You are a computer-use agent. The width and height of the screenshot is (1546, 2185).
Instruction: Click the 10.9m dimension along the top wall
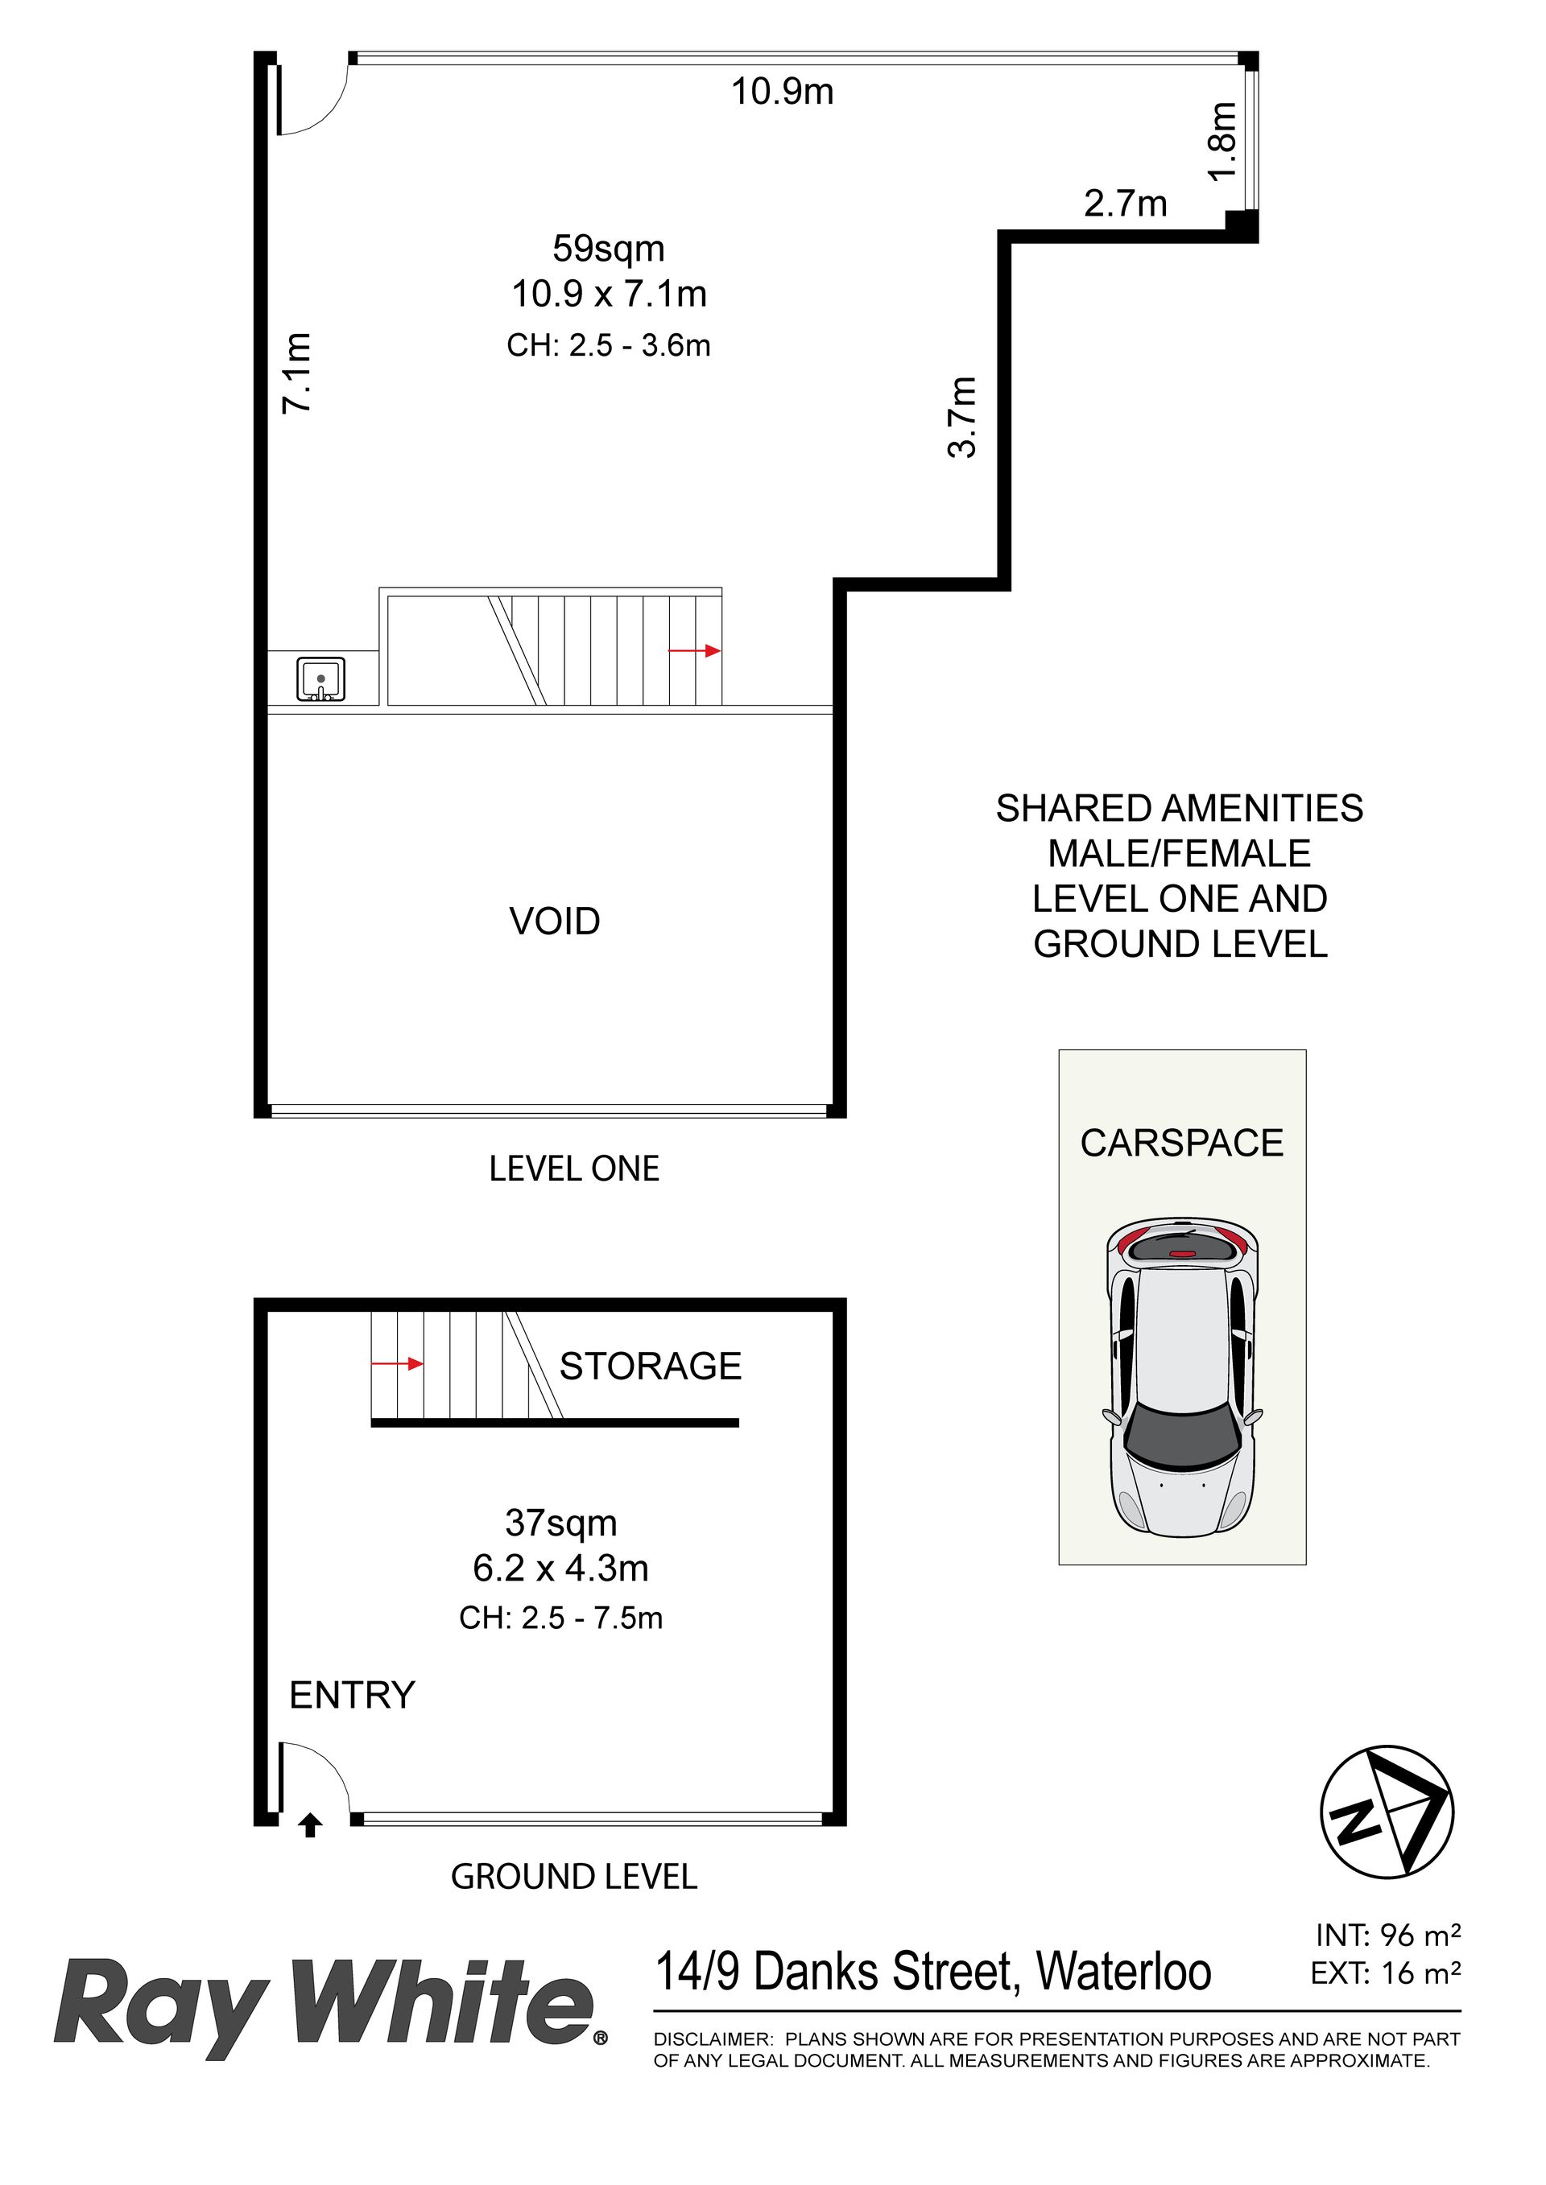click(782, 92)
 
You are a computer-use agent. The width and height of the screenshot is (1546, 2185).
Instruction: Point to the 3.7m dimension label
click(962, 417)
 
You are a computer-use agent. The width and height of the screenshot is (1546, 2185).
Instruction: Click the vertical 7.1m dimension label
click(296, 372)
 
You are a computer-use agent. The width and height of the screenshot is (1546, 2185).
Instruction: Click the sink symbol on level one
click(320, 679)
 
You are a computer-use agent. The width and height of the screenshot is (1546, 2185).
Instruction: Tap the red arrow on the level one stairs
click(695, 651)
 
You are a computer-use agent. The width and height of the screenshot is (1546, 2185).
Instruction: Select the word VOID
click(555, 921)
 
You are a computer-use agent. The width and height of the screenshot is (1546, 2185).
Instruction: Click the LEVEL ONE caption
click(574, 1169)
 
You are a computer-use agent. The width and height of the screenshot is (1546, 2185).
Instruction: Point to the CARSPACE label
click(1181, 1143)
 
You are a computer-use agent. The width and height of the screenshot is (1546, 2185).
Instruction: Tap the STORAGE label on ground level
click(650, 1366)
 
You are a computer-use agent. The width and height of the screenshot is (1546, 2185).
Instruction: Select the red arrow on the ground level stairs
click(397, 1364)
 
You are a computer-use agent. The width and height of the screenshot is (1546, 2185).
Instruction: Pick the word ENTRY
click(352, 1695)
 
